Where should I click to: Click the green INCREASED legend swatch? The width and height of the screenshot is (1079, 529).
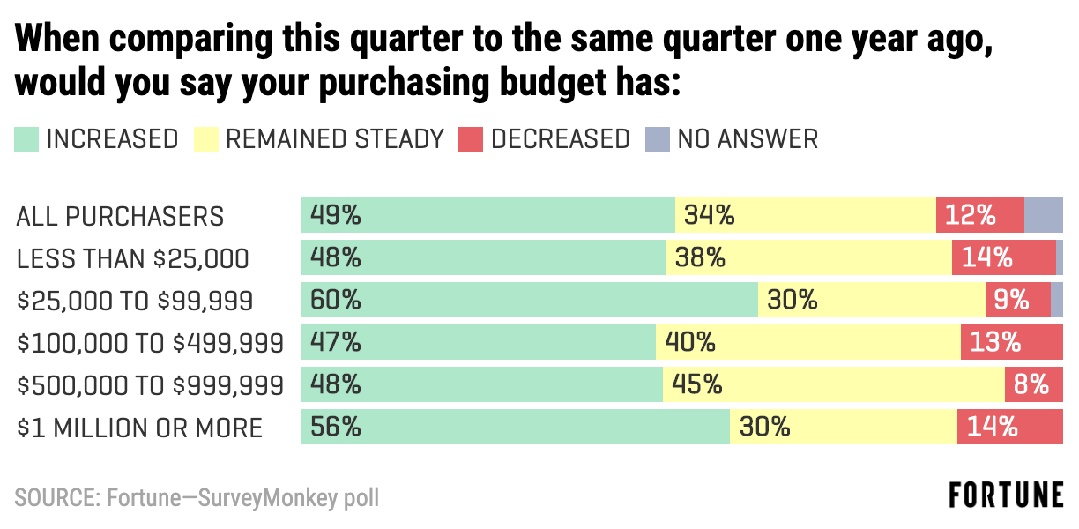pos(26,139)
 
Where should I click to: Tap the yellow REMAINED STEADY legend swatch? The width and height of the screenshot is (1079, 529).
pos(205,139)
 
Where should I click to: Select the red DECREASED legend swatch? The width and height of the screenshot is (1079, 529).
pos(471,139)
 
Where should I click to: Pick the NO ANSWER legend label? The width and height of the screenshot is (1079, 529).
pos(748,139)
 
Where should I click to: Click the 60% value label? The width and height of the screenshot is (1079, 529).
pos(335,301)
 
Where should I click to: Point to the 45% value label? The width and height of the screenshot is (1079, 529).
pos(697,385)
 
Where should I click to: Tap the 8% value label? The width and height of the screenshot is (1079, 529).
pos(1031,385)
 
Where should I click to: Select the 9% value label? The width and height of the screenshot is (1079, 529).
pos(1011,301)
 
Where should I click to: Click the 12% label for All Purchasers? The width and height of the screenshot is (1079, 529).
pos(971,215)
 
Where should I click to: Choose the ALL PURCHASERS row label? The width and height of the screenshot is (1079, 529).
pos(120,216)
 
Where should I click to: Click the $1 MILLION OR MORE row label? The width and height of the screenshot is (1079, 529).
pos(139,428)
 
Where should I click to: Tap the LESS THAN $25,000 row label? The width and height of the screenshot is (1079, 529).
pos(132,258)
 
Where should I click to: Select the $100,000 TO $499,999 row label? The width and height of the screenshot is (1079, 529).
pos(150,343)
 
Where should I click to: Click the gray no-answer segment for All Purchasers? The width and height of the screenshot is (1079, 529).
pos(1044,215)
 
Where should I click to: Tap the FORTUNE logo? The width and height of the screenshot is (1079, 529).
pos(1006,495)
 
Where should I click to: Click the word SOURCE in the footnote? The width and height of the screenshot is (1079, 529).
pos(55,497)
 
